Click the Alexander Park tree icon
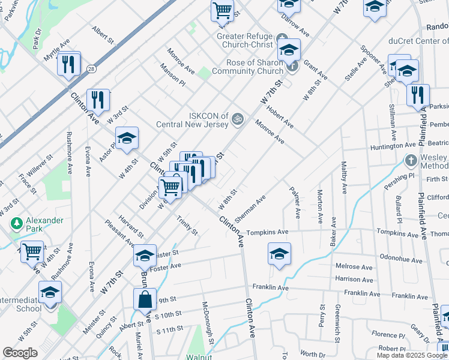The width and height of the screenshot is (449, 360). coord(17,223)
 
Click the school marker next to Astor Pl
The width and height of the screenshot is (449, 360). coord(127,139)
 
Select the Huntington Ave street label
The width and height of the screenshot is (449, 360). coord(393,146)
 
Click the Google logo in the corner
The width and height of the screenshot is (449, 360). coord(20,353)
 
